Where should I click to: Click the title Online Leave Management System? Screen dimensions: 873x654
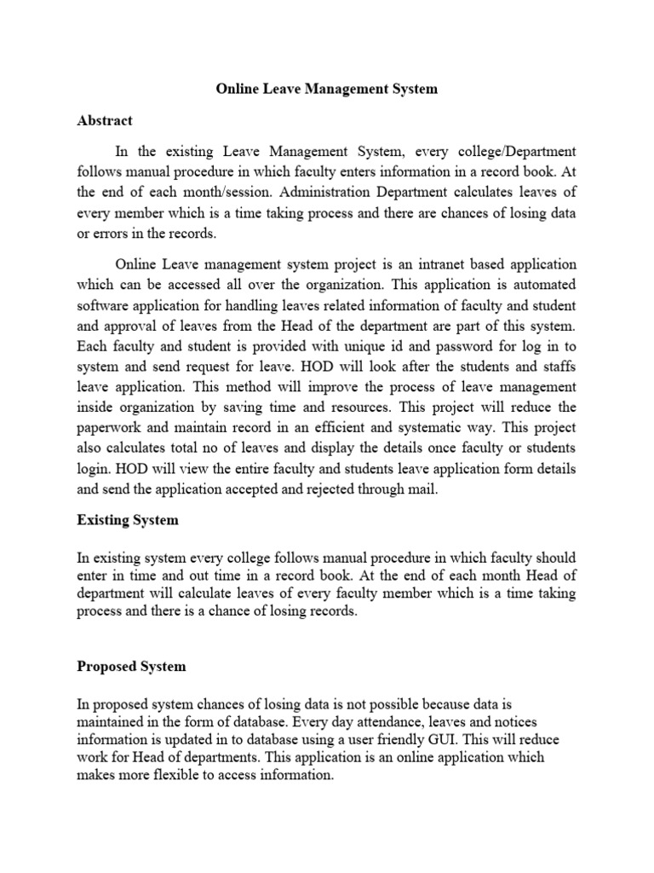[327, 88]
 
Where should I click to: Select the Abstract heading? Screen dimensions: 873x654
[105, 121]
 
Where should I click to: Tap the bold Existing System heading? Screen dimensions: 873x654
[128, 519]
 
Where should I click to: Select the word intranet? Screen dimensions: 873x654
[403, 264]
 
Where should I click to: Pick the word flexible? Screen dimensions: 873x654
[182, 776]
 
